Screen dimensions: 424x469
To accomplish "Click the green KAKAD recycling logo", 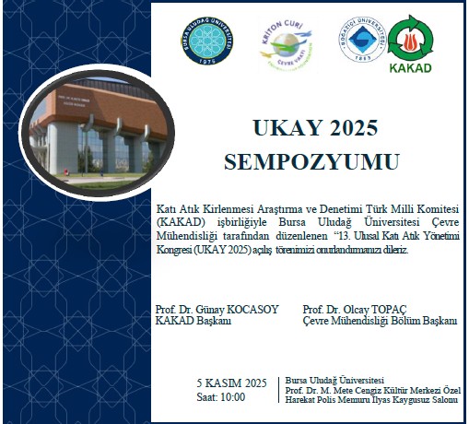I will [x=413, y=39].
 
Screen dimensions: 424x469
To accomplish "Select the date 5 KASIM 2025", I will [x=231, y=383].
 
